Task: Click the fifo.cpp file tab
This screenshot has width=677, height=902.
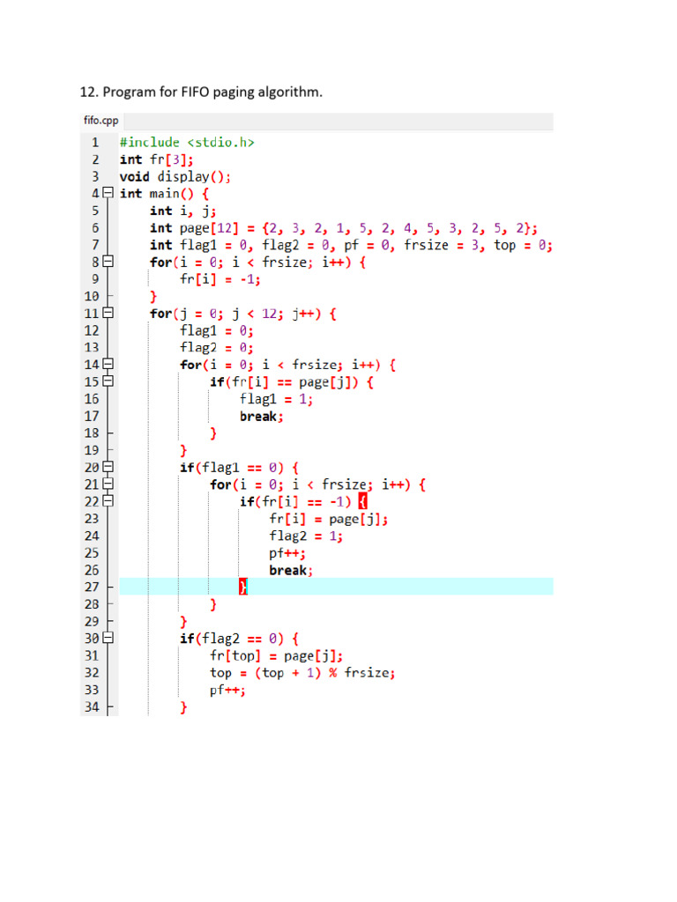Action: pyautogui.click(x=100, y=120)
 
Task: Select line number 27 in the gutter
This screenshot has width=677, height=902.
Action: pyautogui.click(x=92, y=588)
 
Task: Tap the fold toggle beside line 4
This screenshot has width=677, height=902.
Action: pyautogui.click(x=108, y=193)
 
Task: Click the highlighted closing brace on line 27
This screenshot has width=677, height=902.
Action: pyautogui.click(x=243, y=587)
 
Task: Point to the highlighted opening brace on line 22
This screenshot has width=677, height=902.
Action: pyautogui.click(x=362, y=501)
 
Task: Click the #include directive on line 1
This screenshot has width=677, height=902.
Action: pyautogui.click(x=150, y=142)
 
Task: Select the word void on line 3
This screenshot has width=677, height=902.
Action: pyautogui.click(x=135, y=176)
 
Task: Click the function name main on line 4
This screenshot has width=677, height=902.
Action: pyautogui.click(x=165, y=194)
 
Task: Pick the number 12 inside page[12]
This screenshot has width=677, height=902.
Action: pyautogui.click(x=225, y=228)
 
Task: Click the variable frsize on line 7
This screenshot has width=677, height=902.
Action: pyautogui.click(x=426, y=245)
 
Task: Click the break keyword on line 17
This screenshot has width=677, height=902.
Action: pyautogui.click(x=258, y=417)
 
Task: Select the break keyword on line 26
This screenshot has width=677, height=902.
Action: pyautogui.click(x=288, y=570)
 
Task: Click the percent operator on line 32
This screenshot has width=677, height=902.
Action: pyautogui.click(x=333, y=672)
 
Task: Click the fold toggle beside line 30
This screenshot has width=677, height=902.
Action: pyautogui.click(x=108, y=638)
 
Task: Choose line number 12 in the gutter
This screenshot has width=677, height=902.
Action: pyautogui.click(x=92, y=331)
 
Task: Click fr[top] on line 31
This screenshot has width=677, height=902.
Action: pyautogui.click(x=235, y=655)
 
